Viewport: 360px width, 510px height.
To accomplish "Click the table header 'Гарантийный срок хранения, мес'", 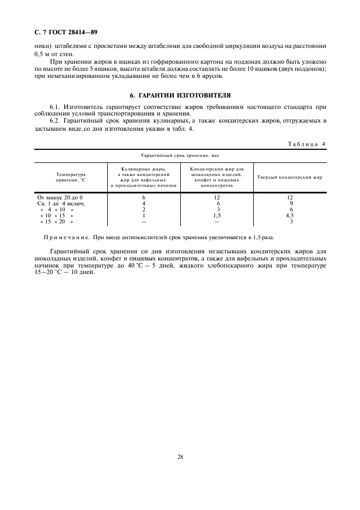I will tap(180, 155).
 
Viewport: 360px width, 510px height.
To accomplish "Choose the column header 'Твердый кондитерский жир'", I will tap(290, 177).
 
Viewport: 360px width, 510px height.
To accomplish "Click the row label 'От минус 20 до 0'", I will tap(59, 197).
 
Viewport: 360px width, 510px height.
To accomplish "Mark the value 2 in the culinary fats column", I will tap(144, 209).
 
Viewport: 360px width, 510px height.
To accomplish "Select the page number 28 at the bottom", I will tap(180, 457).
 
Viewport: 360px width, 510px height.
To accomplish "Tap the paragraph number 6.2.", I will tap(54, 120).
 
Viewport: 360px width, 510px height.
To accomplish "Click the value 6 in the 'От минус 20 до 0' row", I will tap(144, 197).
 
